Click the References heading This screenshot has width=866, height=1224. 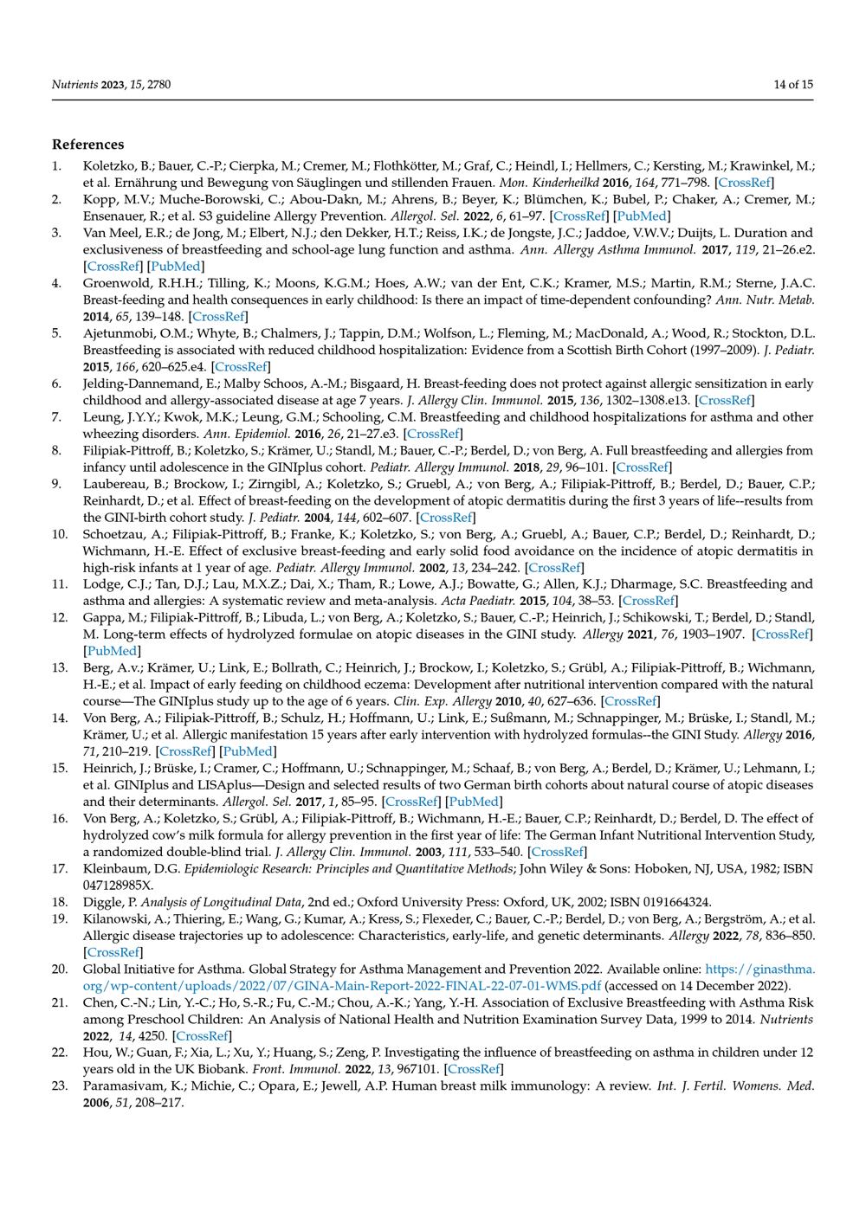click(x=87, y=145)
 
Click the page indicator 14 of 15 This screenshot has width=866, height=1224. click(x=793, y=85)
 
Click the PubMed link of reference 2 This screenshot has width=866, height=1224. click(x=642, y=216)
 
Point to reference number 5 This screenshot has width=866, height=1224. click(x=56, y=333)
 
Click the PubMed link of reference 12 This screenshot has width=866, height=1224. click(x=112, y=651)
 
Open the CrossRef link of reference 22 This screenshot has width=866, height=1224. click(x=474, y=1069)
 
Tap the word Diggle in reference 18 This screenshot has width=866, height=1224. click(x=103, y=902)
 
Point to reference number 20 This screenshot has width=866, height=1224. click(x=60, y=969)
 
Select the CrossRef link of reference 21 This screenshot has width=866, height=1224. click(x=202, y=1035)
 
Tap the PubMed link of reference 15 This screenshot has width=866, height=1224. click(x=473, y=802)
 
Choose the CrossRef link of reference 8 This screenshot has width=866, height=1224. click(x=642, y=467)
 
